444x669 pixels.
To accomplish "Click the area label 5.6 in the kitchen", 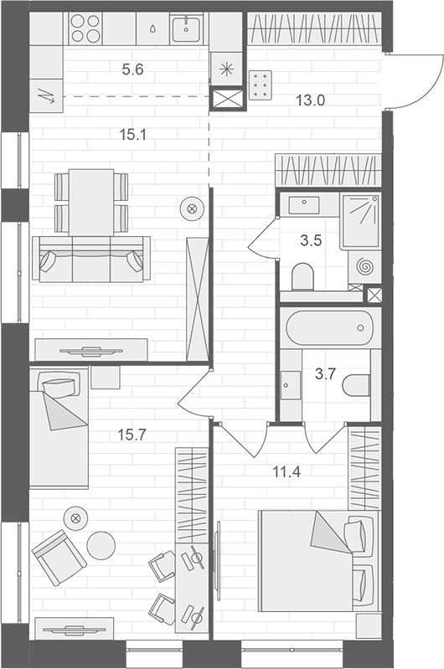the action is pos(132,69).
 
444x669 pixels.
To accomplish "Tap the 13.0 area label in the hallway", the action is pos(310,100).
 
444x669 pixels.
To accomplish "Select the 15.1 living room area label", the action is pos(132,135).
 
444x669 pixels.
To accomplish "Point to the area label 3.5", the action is pos(311,240).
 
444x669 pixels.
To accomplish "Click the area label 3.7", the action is pos(325,374).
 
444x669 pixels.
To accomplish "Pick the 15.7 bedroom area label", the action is pos(132,435).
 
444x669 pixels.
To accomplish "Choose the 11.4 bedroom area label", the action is pos(287,472).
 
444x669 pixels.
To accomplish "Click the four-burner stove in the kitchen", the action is pos(85,28).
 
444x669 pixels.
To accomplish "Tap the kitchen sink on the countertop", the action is pos(187,28).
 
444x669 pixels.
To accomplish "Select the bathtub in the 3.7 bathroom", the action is pos(329,327).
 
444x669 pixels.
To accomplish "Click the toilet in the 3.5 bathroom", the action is pos(302,277).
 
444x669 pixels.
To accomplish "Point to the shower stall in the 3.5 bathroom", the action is pos(361,220).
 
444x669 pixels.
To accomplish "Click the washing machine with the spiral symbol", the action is pos(364,267).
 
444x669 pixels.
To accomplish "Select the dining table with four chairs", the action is pos(91,203).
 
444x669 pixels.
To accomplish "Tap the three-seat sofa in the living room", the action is pos(91,259).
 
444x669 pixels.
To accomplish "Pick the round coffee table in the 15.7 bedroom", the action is pos(101,545).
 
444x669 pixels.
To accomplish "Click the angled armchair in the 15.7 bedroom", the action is pos(59,558).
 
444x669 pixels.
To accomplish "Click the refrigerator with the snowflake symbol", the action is pos(226,69).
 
